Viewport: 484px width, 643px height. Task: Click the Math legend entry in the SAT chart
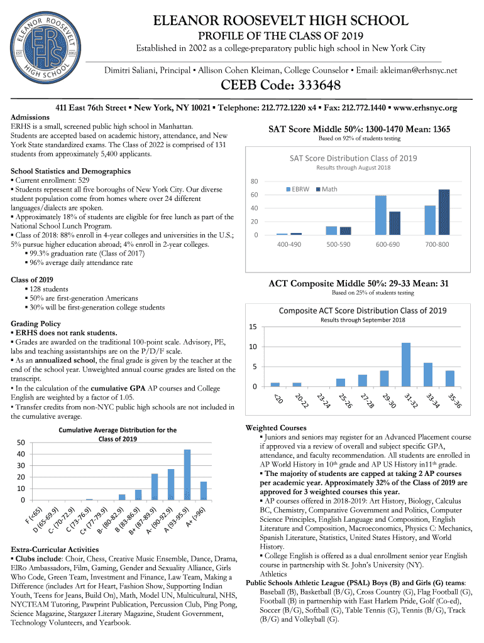pyautogui.click(x=326, y=188)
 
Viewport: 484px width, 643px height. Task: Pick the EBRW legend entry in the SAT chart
pyautogui.click(x=297, y=188)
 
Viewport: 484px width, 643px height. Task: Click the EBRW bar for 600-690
pyautogui.click(x=380, y=215)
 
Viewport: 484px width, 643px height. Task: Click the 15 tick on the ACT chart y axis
pyautogui.click(x=253, y=327)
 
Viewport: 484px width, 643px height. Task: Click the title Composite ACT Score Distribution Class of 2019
pyautogui.click(x=363, y=311)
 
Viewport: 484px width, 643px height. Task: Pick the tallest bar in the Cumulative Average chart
pyautogui.click(x=187, y=474)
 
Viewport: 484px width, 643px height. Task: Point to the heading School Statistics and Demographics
pyautogui.click(x=70, y=171)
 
